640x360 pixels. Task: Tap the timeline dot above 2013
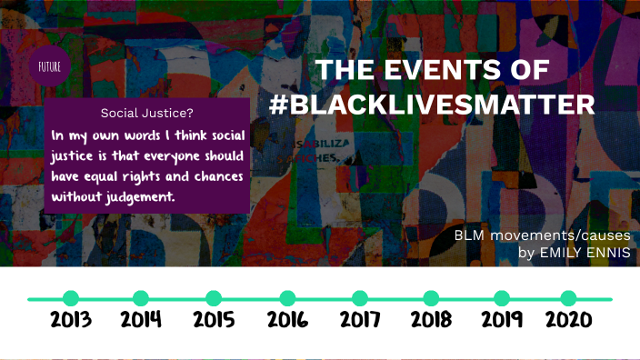71,298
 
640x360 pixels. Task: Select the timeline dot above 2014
141,298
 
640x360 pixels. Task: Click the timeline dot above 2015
214,298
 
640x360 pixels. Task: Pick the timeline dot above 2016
287,298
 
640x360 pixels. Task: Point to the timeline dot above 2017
360,298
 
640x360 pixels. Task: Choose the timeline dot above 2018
431,298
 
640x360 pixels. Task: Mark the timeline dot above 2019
501,298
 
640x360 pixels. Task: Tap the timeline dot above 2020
568,298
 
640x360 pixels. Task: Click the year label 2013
71,321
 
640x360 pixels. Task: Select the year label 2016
287,321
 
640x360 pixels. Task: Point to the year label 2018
431,321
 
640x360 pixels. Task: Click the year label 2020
568,321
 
